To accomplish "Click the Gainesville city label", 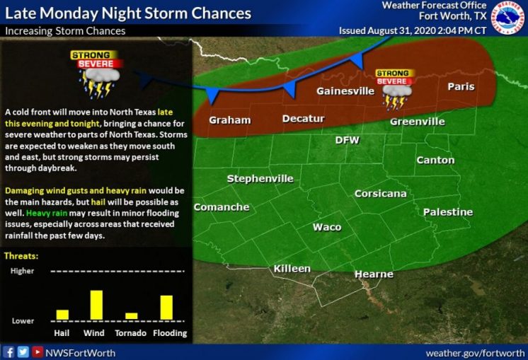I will click(x=345, y=91).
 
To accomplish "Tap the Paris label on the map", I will click(x=460, y=86).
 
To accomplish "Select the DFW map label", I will click(x=348, y=140).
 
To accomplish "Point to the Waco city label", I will click(x=327, y=227).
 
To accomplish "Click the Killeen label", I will click(x=292, y=269).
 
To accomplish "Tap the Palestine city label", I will click(x=447, y=211).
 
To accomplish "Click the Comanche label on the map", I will click(x=222, y=207).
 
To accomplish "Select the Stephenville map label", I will click(x=260, y=179).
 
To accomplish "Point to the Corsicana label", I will click(x=380, y=193).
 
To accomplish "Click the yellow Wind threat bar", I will click(x=96, y=304).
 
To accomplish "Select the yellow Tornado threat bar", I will click(x=131, y=315).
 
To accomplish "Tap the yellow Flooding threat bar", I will click(x=166, y=307).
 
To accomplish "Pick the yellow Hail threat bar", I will click(x=62, y=314).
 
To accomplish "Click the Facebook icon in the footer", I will click(x=8, y=352).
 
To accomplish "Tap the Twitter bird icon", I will click(x=23, y=352).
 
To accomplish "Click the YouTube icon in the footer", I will click(x=37, y=352).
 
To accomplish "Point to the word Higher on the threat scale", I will click(x=22, y=271).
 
